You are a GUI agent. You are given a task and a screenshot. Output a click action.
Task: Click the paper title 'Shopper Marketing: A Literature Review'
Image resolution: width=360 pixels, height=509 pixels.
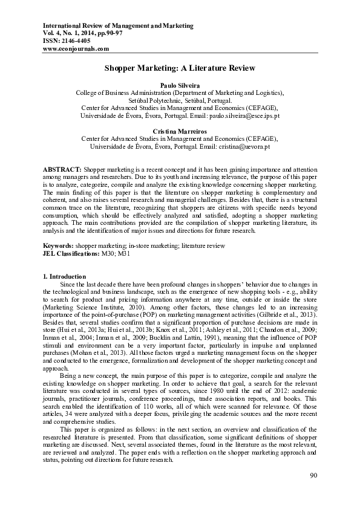(180, 69)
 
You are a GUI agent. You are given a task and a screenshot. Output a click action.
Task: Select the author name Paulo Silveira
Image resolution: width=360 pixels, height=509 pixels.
(179, 86)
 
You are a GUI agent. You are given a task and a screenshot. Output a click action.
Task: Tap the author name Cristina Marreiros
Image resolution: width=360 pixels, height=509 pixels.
(179, 131)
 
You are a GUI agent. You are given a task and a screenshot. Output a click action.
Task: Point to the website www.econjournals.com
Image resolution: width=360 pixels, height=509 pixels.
(76, 49)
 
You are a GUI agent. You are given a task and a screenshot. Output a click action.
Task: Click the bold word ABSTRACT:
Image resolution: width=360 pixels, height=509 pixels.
(62, 166)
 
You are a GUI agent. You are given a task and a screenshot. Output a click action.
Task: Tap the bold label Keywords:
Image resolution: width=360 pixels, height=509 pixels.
(58, 246)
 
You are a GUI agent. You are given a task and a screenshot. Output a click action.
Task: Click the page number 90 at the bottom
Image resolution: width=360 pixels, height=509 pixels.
(313, 476)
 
